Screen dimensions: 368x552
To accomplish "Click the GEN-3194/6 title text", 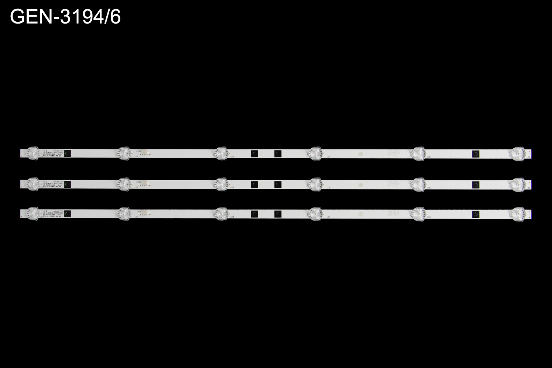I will pos(65,17).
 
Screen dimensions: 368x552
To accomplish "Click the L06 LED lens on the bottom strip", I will pos(517,214).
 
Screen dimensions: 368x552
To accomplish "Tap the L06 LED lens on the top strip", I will pos(517,153).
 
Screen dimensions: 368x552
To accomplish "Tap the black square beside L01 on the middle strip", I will pos(67,184).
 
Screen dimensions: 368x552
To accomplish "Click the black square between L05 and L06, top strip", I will pos(476,154).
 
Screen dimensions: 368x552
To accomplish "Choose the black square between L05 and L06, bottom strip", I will pos(476,215).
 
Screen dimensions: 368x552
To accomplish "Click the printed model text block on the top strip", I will pos(52,153).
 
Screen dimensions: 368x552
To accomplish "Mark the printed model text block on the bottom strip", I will pos(52,214).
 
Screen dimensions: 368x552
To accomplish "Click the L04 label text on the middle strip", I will pos(328,188).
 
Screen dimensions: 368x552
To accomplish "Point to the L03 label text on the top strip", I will pos(232,157).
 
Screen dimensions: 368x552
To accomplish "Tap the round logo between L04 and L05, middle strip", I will pos(361,184).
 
